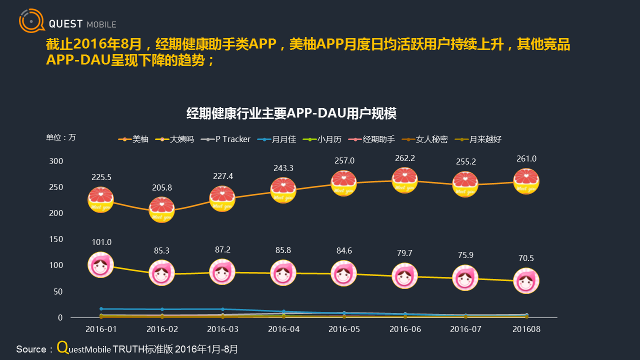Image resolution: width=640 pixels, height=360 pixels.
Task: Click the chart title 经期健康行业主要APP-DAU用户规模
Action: [291, 113]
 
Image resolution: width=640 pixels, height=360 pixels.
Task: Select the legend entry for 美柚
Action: [134, 139]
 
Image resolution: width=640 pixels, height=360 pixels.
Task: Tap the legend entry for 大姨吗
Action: [175, 139]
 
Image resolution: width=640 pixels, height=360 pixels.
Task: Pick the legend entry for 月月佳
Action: [278, 139]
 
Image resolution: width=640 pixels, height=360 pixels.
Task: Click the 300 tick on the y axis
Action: [56, 161]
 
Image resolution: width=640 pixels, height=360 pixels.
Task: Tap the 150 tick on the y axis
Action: [56, 239]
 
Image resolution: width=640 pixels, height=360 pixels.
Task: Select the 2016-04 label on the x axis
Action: [283, 329]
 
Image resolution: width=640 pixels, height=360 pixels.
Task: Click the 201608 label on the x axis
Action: [526, 329]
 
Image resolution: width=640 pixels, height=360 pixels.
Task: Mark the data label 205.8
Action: [162, 188]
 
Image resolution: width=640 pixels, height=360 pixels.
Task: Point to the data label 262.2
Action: [405, 158]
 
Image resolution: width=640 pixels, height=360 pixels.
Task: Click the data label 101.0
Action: [101, 242]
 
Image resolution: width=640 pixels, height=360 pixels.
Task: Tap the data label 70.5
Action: [526, 258]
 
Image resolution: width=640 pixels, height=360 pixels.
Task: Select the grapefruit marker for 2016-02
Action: [162, 209]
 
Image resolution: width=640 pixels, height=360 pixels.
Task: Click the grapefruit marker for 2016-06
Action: [405, 180]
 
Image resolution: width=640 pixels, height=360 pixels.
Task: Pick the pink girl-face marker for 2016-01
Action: [101, 264]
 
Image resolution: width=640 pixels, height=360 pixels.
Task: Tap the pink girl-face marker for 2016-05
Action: [344, 273]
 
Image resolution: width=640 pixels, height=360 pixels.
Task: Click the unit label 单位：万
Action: [61, 137]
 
